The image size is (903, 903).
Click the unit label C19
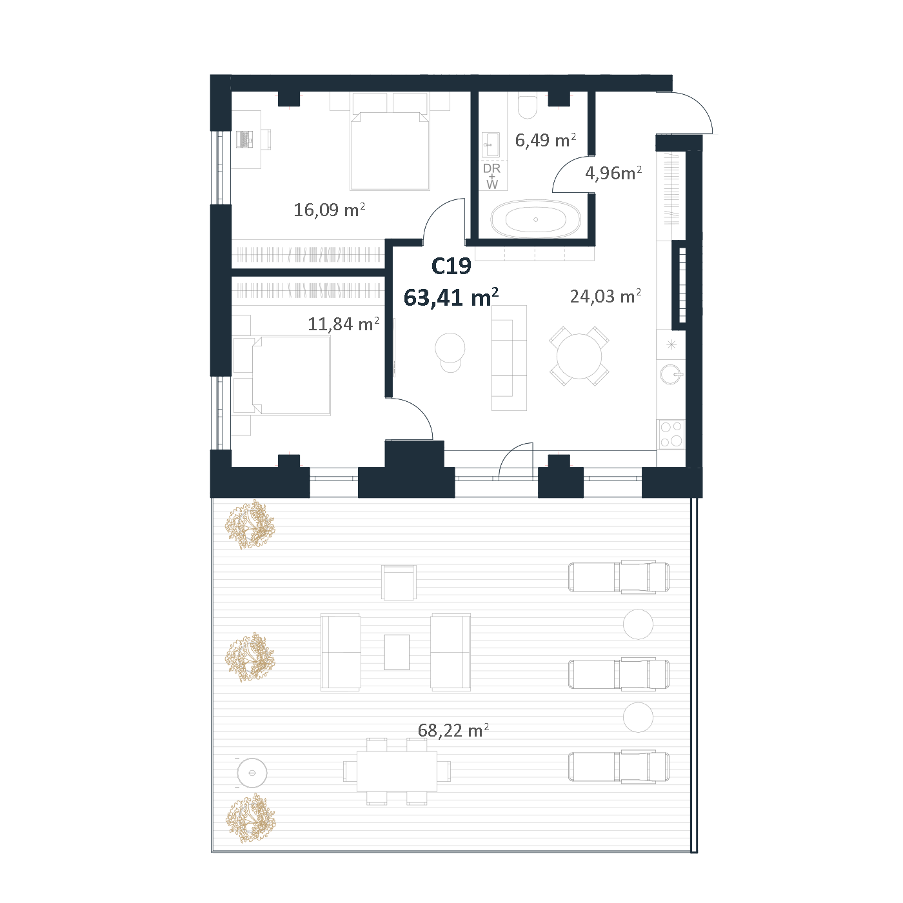point(451,266)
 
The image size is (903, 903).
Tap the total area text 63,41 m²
point(451,297)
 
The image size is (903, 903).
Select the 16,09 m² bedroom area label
point(329,210)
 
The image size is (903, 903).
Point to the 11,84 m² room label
point(344,324)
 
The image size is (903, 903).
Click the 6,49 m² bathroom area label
point(546,140)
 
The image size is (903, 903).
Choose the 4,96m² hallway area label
point(613,174)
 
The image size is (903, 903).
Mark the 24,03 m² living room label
point(606,296)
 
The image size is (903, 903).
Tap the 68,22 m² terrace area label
point(453,731)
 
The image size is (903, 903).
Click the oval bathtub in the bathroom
point(535,219)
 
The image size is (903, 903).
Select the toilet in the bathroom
point(528,106)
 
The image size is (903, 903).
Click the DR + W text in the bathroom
point(491,176)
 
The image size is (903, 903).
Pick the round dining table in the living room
point(579,356)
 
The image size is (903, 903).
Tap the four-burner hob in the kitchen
point(671,434)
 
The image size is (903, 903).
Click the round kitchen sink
point(671,374)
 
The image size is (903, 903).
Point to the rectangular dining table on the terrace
point(397,771)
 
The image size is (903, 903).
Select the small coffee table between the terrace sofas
point(397,652)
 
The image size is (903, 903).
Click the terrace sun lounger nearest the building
point(619,577)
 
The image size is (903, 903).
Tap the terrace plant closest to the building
point(250,524)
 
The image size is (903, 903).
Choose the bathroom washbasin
point(491,144)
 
